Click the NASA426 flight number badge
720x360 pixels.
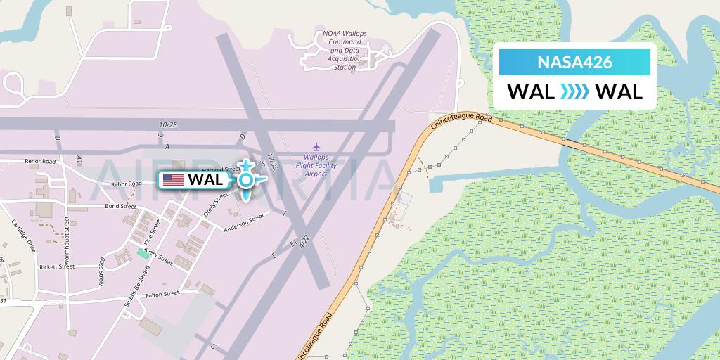[x=574, y=62]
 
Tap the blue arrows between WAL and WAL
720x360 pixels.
[x=574, y=92]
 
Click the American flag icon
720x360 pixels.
[x=173, y=180]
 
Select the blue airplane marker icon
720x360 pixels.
[x=246, y=179]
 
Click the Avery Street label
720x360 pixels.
[x=159, y=257]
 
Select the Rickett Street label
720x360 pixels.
[x=57, y=267]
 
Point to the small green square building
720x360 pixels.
[x=143, y=253]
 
